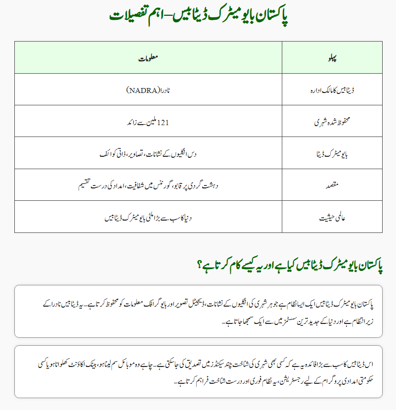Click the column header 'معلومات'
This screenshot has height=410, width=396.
[x=148, y=58]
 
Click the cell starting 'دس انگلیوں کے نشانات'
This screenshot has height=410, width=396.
[x=148, y=154]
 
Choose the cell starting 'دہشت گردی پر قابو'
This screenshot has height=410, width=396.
[x=148, y=185]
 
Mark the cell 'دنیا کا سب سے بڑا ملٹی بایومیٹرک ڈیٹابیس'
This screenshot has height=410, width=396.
[x=148, y=217]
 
